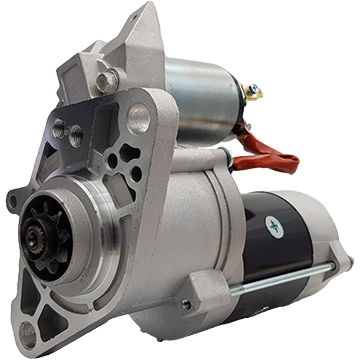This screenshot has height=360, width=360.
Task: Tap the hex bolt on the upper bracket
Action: (105, 80)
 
